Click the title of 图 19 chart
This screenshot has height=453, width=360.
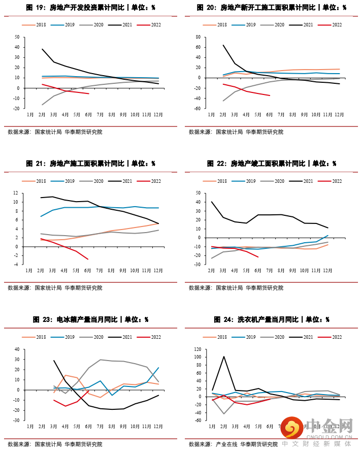(x=90, y=8)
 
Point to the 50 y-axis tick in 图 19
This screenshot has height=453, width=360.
(x=17, y=37)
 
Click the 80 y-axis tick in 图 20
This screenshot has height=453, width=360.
(x=199, y=37)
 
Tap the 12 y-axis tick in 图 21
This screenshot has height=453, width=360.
(x=17, y=193)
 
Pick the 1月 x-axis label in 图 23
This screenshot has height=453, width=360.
(x=29, y=427)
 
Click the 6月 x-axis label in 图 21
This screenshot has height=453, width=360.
(x=88, y=270)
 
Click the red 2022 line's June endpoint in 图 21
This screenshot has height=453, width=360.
(x=88, y=259)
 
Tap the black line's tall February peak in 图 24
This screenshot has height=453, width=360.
(x=224, y=357)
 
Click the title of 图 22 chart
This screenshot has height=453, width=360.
(x=272, y=164)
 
